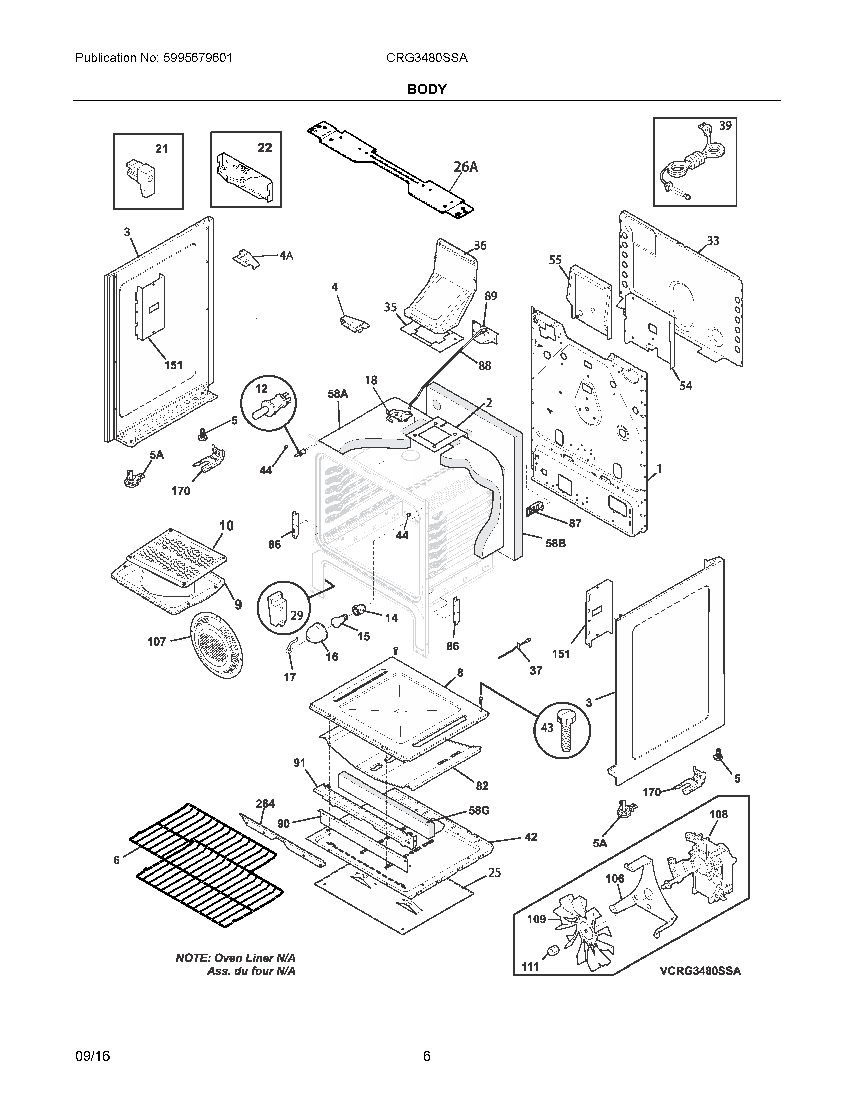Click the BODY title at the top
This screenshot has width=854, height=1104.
click(426, 89)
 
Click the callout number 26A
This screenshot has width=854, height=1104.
click(466, 167)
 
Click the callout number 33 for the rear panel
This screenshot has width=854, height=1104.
click(713, 241)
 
